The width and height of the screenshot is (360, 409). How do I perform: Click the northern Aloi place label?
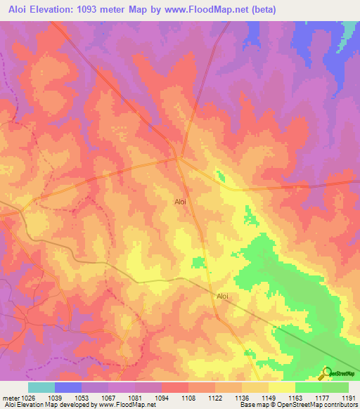pos(181,202)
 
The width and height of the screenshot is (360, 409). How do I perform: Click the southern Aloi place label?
pos(223,297)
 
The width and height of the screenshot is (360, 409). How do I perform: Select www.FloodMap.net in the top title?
pos(208,10)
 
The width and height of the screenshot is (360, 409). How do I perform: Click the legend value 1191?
pos(349,398)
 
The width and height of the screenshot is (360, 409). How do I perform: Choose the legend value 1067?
pos(108,398)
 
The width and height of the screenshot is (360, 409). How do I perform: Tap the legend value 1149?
pos(269,398)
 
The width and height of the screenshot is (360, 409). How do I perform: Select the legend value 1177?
pos(322,398)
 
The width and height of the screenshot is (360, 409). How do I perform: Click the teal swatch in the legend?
pos(41,387)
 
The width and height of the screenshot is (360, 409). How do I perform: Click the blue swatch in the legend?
pos(68,387)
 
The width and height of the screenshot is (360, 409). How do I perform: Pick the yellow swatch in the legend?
pos(282,387)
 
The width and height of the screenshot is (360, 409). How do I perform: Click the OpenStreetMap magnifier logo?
pos(326,373)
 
